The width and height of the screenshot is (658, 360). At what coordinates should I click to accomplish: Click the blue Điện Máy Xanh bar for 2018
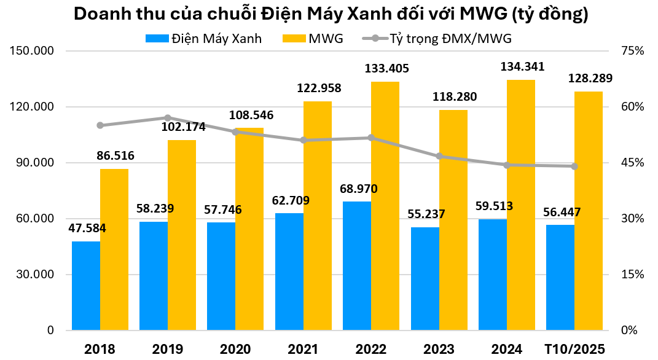pyautogui.click(x=86, y=286)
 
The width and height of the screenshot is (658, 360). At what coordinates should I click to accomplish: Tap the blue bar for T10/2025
pyautogui.click(x=560, y=278)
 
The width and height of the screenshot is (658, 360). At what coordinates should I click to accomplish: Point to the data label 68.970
pyautogui.click(x=358, y=189)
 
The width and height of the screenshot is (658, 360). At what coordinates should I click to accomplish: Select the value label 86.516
pyautogui.click(x=116, y=155)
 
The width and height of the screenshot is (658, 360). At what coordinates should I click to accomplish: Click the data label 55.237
pyautogui.click(x=426, y=214)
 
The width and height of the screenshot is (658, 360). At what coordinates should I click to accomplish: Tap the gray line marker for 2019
pyautogui.click(x=168, y=117)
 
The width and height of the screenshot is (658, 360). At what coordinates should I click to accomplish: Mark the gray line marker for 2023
pyautogui.click(x=439, y=156)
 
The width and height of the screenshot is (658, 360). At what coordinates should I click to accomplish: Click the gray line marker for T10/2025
pyautogui.click(x=574, y=166)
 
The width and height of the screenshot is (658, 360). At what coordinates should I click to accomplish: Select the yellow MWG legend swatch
pyautogui.click(x=294, y=39)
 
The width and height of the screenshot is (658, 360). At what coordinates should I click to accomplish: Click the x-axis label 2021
pyautogui.click(x=303, y=349)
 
